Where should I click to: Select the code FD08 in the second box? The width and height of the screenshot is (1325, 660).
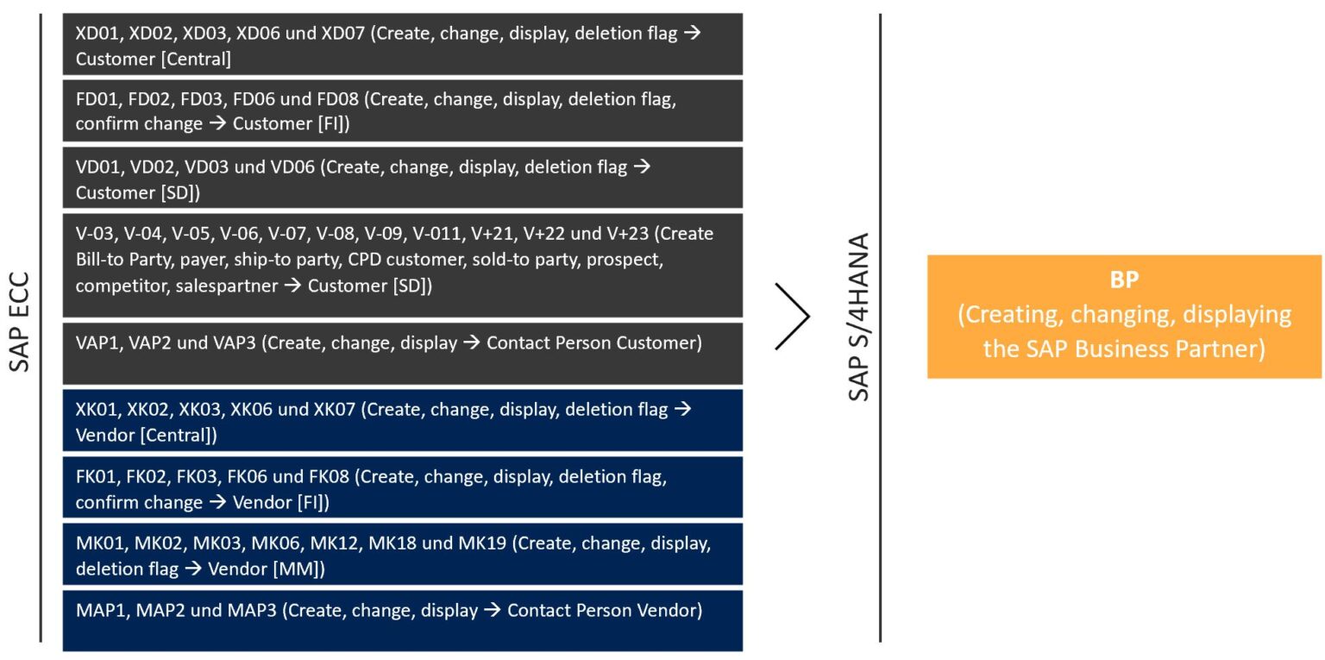pyautogui.click(x=337, y=98)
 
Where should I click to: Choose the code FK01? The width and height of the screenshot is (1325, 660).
pyautogui.click(x=98, y=476)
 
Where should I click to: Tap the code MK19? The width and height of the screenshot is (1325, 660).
pyautogui.click(x=484, y=544)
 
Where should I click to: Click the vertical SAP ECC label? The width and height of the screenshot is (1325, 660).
pyautogui.click(x=20, y=323)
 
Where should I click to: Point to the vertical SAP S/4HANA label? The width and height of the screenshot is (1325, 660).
pyautogui.click(x=859, y=317)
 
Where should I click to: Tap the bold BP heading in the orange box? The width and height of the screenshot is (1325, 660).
pyautogui.click(x=1124, y=280)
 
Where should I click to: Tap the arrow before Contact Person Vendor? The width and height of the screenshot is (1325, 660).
pyautogui.click(x=493, y=610)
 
